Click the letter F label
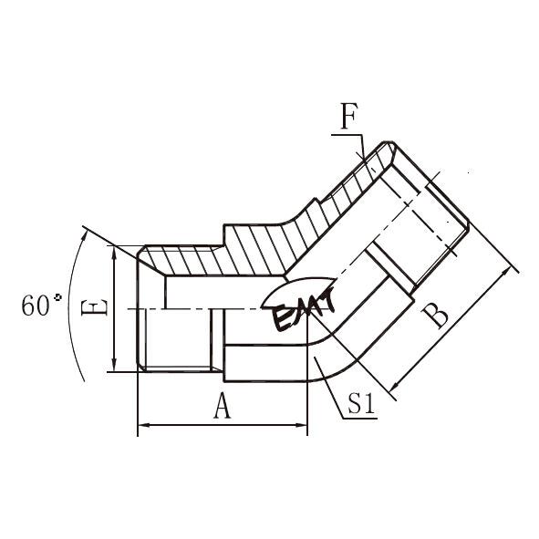click(x=349, y=116)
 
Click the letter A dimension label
click(x=222, y=406)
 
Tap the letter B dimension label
click(x=435, y=316)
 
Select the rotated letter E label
click(x=94, y=306)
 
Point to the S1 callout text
click(x=360, y=403)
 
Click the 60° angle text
click(x=41, y=306)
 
